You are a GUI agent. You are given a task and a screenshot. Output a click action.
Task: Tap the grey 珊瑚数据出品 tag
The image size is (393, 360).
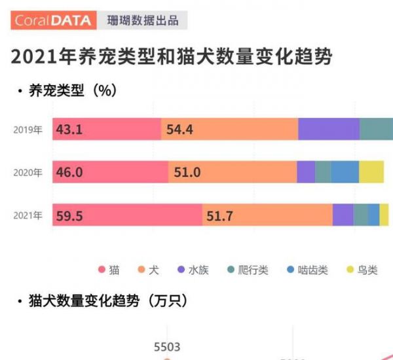(x=143, y=20)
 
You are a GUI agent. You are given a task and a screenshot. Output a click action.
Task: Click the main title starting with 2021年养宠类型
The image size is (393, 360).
(x=172, y=56)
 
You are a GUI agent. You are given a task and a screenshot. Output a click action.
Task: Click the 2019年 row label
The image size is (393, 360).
(x=28, y=130)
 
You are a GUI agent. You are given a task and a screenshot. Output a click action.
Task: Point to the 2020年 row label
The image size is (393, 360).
(x=28, y=173)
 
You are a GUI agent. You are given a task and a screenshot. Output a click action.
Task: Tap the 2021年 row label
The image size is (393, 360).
(x=28, y=215)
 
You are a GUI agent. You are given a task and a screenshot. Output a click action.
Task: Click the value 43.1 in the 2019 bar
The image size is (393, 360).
(x=69, y=130)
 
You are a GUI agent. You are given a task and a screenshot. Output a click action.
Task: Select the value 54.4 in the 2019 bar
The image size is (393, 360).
(x=179, y=130)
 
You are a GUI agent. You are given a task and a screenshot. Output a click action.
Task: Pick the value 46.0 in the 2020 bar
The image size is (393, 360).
(x=69, y=173)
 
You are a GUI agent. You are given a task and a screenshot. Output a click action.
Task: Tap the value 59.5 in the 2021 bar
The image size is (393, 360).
(x=69, y=215)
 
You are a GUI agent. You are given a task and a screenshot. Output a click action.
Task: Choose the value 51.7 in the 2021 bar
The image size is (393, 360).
(x=221, y=215)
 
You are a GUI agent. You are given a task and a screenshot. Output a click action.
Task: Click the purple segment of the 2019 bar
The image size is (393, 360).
(x=329, y=130)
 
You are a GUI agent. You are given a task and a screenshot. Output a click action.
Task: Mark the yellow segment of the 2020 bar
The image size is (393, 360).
(x=371, y=172)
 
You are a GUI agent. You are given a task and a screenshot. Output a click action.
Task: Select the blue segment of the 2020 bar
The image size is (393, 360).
(x=345, y=172)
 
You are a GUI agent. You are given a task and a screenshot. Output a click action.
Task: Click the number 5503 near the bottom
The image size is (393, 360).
(x=167, y=347)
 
